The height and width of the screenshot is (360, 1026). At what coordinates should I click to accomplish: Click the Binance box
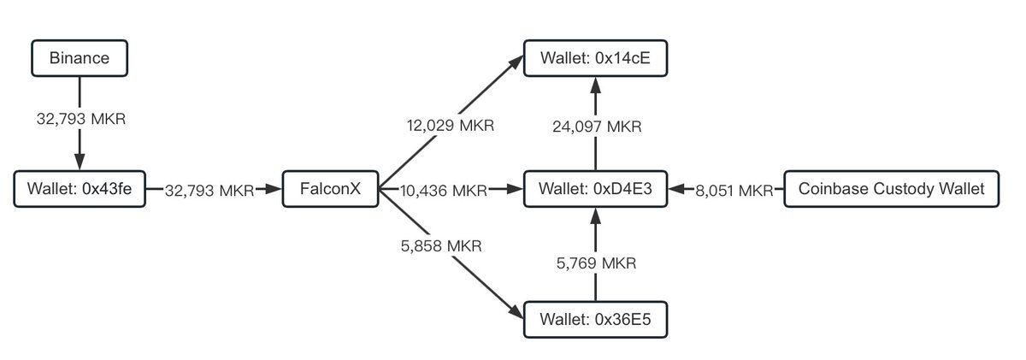(79, 59)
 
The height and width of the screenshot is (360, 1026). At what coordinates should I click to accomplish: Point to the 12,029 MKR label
(451, 125)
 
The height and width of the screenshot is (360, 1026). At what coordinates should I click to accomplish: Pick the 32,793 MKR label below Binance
(79, 118)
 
